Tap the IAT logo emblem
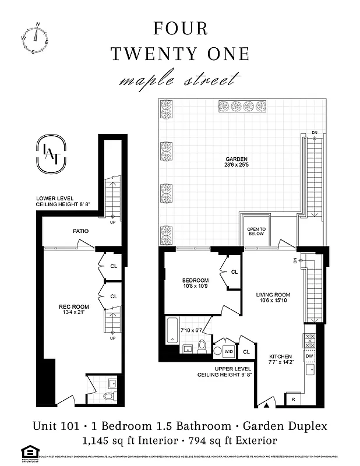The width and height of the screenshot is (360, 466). [x=51, y=155]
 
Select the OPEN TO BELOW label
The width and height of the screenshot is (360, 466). [x=256, y=231]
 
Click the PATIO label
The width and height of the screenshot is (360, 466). [x=81, y=231]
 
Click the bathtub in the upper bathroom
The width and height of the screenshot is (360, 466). [x=172, y=329]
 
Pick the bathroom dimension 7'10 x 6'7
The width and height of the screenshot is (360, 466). [x=190, y=331]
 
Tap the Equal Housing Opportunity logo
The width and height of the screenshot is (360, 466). [x=28, y=453]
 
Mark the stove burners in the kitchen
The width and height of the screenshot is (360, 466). [x=309, y=340]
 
